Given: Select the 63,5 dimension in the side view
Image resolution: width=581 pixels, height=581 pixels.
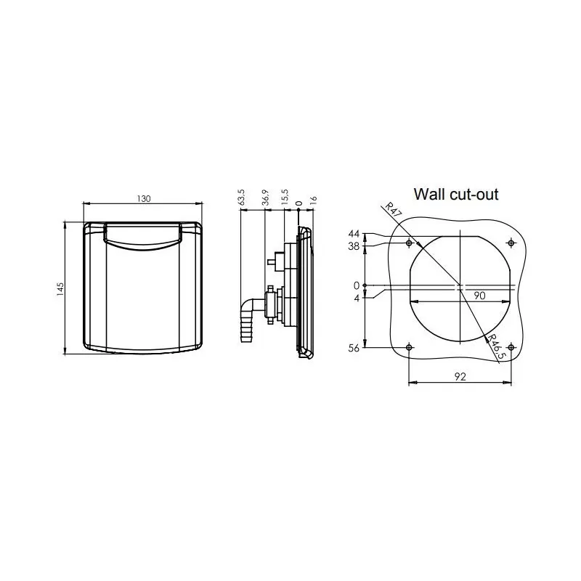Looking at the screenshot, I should coord(242,198).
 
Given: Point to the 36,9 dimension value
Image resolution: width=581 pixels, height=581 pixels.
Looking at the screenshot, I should coord(266,198).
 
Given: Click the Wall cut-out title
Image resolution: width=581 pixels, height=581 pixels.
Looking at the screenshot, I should coord(455,194).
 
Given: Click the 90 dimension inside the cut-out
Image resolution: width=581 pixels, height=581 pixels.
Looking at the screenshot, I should coord(479,294).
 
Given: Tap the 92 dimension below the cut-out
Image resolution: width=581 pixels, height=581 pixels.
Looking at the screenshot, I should coord(460,377).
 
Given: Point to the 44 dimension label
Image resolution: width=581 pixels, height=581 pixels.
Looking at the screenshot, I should coord(354,234).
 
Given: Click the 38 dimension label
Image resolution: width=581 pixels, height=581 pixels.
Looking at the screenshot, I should coord(354,245).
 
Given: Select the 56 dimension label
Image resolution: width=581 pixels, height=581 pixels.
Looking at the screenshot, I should coord(354,348).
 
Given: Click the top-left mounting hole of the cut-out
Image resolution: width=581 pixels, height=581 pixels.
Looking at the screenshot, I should coord(410,243).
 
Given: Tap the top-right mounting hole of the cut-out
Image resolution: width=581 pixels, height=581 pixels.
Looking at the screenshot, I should coord(511,243).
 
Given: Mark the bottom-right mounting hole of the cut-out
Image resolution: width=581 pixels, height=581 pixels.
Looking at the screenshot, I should coord(511,348).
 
